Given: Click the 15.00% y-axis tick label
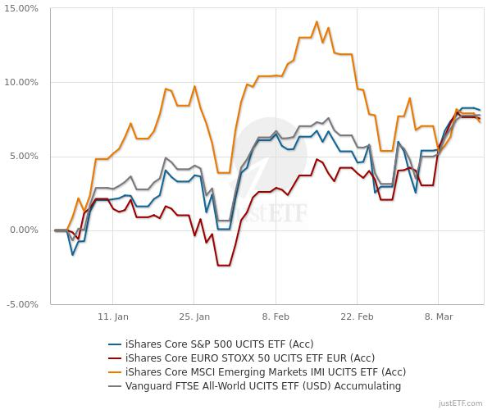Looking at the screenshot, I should tap(22, 9).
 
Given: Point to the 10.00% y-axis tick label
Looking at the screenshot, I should tap(22, 83).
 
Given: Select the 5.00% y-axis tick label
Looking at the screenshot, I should tap(24, 157).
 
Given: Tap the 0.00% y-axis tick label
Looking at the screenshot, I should tap(24, 230).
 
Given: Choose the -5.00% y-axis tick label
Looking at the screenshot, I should tap(22, 304).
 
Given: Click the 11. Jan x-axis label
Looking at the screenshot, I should tap(113, 317).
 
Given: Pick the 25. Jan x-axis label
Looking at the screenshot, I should tap(194, 317).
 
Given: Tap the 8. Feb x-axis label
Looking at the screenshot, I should tap(276, 317).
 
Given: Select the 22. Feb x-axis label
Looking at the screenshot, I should tap(357, 317).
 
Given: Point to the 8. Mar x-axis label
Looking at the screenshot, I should tap(438, 317).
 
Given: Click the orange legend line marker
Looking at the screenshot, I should tap(115, 371).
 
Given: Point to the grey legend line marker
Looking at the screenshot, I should tap(115, 385).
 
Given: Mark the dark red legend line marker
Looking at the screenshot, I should tap(115, 358).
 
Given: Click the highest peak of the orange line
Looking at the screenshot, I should tap(317, 22).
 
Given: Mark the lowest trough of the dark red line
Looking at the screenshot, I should tap(223, 265).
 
